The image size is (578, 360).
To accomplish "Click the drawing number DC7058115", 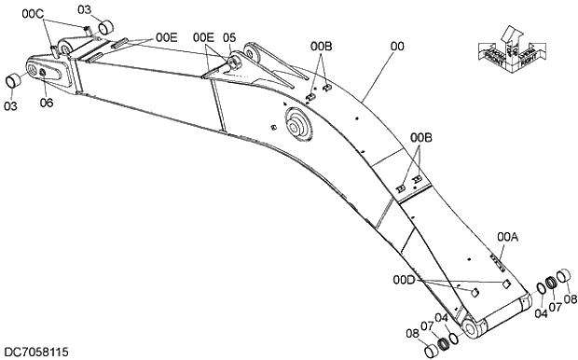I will [34, 353].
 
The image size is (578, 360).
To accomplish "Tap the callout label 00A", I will [508, 237].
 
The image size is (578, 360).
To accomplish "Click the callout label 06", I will [47, 104].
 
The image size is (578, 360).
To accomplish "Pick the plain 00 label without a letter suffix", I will [397, 43].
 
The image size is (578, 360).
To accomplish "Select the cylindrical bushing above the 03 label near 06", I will [14, 81].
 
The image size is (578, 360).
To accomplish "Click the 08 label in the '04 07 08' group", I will [571, 299].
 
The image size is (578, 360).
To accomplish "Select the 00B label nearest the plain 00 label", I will [321, 45].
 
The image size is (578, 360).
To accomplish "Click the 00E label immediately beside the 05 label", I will [203, 37].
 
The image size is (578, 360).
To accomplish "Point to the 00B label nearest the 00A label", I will [422, 137].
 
